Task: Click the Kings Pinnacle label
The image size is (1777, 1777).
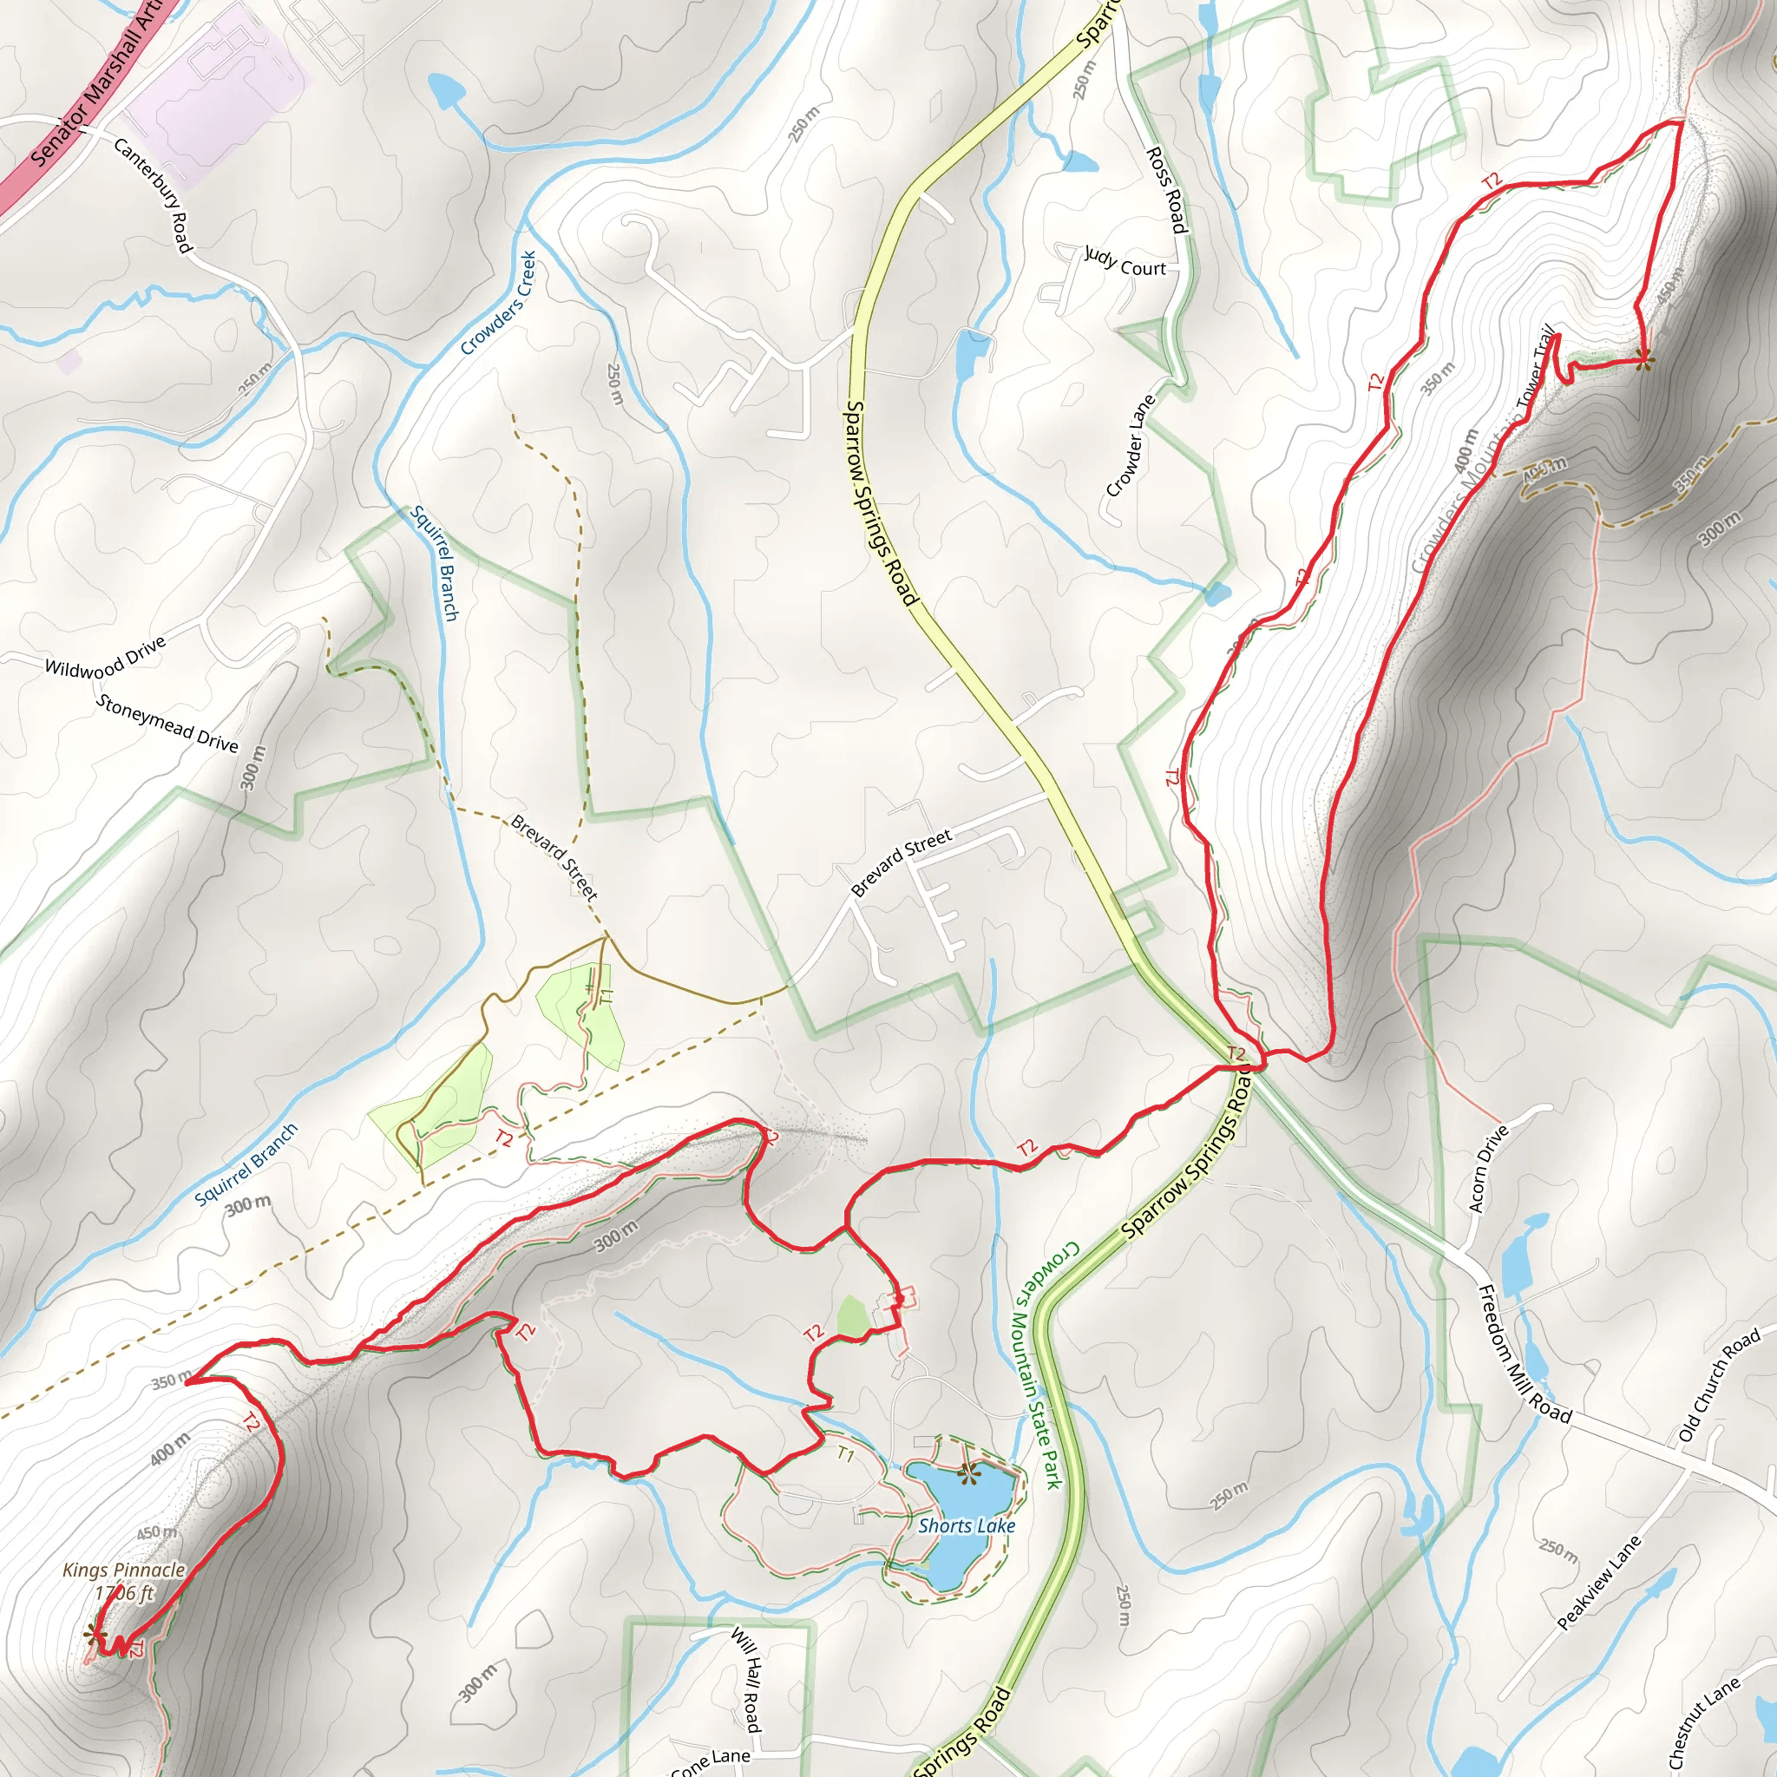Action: point(123,1570)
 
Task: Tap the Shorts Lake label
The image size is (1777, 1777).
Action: point(967,1525)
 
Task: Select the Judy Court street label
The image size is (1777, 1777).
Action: point(1125,261)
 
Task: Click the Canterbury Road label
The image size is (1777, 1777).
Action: point(153,195)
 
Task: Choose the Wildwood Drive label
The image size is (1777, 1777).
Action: point(105,656)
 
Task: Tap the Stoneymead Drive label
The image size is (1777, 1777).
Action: point(167,723)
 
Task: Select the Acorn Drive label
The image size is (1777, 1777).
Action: point(1489,1168)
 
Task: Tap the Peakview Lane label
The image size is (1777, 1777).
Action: point(1599,1582)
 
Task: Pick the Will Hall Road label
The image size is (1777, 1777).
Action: point(746,1680)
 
